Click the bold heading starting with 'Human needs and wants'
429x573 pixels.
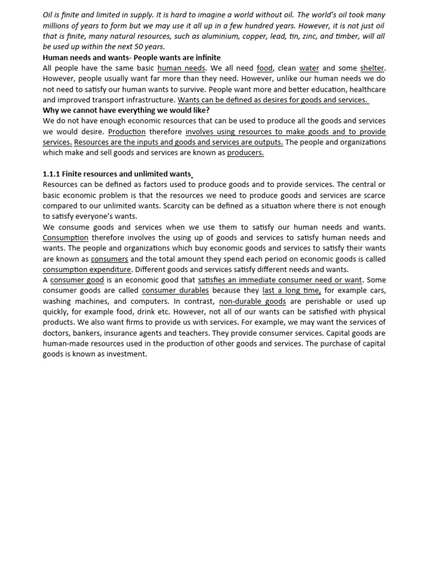coord(131,58)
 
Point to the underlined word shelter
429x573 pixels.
coord(372,68)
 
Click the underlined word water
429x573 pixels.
coord(309,68)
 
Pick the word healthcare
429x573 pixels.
coord(366,90)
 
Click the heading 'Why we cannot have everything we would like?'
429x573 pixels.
coord(126,110)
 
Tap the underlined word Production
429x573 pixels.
coord(127,132)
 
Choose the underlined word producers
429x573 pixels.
coord(245,153)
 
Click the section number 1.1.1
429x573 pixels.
coord(53,174)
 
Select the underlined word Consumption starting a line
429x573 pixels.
coord(65,238)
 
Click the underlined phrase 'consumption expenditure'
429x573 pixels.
coord(87,270)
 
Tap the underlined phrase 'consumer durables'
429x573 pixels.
coord(175,290)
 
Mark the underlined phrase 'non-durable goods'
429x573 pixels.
coord(252,301)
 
